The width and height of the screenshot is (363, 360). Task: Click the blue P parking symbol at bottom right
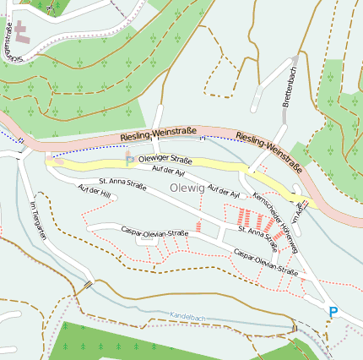click(x=333, y=313)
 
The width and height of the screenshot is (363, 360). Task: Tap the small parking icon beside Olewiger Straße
click(x=129, y=157)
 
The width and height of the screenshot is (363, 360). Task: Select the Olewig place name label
click(x=187, y=188)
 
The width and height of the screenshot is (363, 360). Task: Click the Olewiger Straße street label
click(x=165, y=160)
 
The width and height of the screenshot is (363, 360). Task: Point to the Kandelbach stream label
click(x=188, y=315)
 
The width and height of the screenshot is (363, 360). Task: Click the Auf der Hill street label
click(x=95, y=192)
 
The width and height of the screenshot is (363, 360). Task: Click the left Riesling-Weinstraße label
click(x=159, y=134)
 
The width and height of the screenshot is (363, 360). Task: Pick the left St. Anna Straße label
click(x=128, y=185)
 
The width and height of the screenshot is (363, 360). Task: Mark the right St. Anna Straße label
click(x=257, y=237)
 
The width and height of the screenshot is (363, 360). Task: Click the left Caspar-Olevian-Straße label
click(x=154, y=232)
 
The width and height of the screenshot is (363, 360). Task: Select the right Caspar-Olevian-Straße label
click(x=266, y=262)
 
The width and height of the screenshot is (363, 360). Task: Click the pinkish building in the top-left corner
click(x=20, y=33)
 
